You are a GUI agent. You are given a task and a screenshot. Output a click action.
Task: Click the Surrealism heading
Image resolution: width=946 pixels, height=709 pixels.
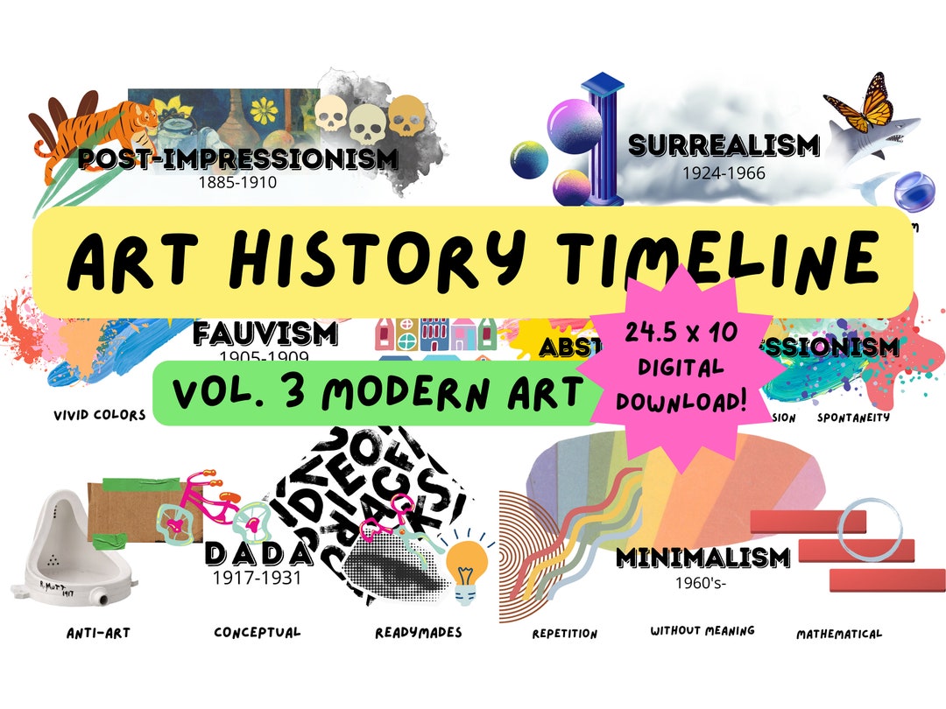(724, 145)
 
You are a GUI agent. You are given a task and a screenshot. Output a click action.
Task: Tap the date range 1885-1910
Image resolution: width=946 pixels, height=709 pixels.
(236, 183)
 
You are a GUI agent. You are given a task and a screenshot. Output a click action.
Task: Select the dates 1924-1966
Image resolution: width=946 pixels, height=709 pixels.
(724, 173)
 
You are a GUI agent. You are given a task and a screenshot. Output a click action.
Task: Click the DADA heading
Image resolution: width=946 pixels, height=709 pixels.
(258, 553)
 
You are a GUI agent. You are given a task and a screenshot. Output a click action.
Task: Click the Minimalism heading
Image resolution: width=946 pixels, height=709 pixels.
(702, 557)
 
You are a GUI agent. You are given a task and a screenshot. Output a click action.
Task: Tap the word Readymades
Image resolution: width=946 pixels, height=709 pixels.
(418, 632)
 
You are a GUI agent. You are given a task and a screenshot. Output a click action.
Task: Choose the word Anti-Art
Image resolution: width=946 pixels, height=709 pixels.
(99, 632)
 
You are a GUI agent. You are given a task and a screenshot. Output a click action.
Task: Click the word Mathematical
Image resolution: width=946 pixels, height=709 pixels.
(838, 633)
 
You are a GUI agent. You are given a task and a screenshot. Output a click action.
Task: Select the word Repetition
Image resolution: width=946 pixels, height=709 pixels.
(564, 633)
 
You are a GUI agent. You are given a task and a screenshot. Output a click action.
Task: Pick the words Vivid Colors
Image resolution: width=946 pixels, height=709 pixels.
(98, 415)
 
